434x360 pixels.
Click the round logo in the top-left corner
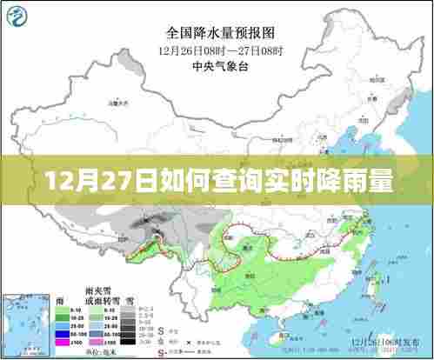coord(18,17)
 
